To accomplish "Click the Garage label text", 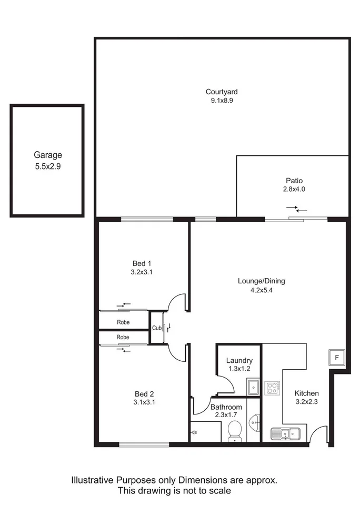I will point(48,155).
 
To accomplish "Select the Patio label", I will point(294,180).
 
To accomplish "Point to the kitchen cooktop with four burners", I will point(273,389).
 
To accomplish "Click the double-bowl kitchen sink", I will point(285,434).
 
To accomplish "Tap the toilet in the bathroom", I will point(235,431).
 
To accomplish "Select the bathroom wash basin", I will point(255,423).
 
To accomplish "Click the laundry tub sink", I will point(253,387).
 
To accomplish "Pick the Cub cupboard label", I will point(156,328).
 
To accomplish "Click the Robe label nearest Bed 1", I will point(123,322).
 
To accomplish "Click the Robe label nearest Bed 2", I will point(123,337).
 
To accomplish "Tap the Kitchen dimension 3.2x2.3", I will point(306,402).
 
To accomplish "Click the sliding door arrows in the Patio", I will point(297,209).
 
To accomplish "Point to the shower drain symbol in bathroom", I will point(195,432).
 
